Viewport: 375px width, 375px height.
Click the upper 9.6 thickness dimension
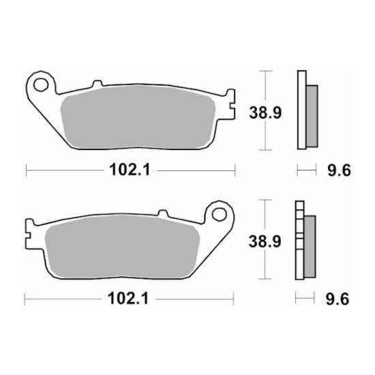(338, 170)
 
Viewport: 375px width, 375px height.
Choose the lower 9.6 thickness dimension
(338, 298)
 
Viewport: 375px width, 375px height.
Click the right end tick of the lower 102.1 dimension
(235, 298)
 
